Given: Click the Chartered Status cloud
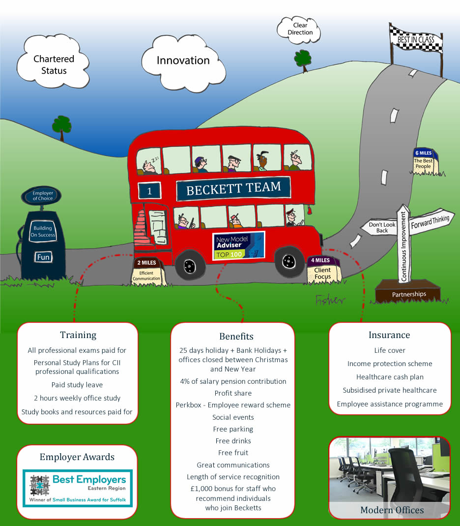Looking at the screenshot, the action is click(x=53, y=62).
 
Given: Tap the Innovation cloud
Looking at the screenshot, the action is click(x=183, y=63).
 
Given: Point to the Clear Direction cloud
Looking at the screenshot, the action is click(x=299, y=30).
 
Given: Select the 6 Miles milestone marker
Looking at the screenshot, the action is click(x=424, y=162).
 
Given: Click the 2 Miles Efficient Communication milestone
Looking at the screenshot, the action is click(x=146, y=272).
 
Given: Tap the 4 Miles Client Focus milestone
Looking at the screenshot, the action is click(x=323, y=270).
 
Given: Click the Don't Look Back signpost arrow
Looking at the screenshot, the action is click(x=380, y=227).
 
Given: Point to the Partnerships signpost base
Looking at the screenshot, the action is click(x=408, y=291).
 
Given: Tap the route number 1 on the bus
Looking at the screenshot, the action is click(x=149, y=190).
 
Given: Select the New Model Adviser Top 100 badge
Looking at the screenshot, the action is click(x=238, y=246).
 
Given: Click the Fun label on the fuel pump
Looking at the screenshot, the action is click(x=44, y=257).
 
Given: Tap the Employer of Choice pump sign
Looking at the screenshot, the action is click(x=42, y=195).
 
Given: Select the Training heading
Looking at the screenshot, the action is click(x=78, y=335).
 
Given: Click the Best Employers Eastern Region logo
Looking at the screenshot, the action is click(x=78, y=488).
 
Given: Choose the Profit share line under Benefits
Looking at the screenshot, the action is click(x=233, y=393).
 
